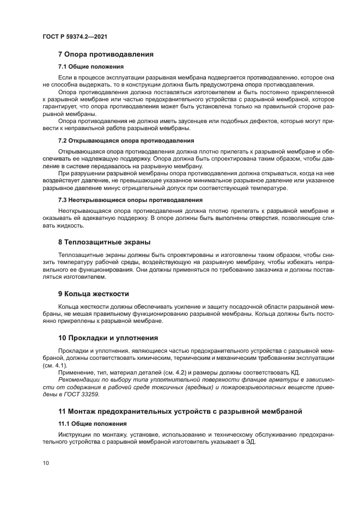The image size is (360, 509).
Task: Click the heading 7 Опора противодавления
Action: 106,54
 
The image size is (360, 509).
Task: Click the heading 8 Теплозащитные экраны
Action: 104,242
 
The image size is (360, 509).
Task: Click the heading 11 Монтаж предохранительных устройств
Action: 180,410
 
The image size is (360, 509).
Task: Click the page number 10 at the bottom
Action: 46,463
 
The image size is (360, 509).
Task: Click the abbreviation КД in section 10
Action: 296,372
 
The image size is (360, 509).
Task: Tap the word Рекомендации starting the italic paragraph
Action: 81,379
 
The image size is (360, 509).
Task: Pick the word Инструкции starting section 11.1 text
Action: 76,434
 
